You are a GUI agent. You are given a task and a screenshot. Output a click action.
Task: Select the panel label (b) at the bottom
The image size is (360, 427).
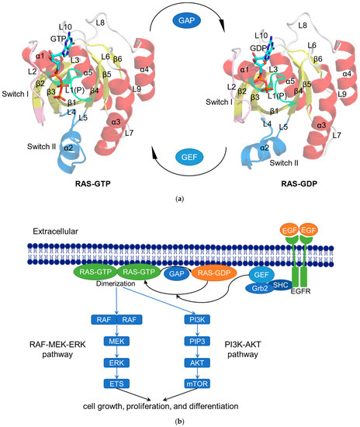(179, 420)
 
